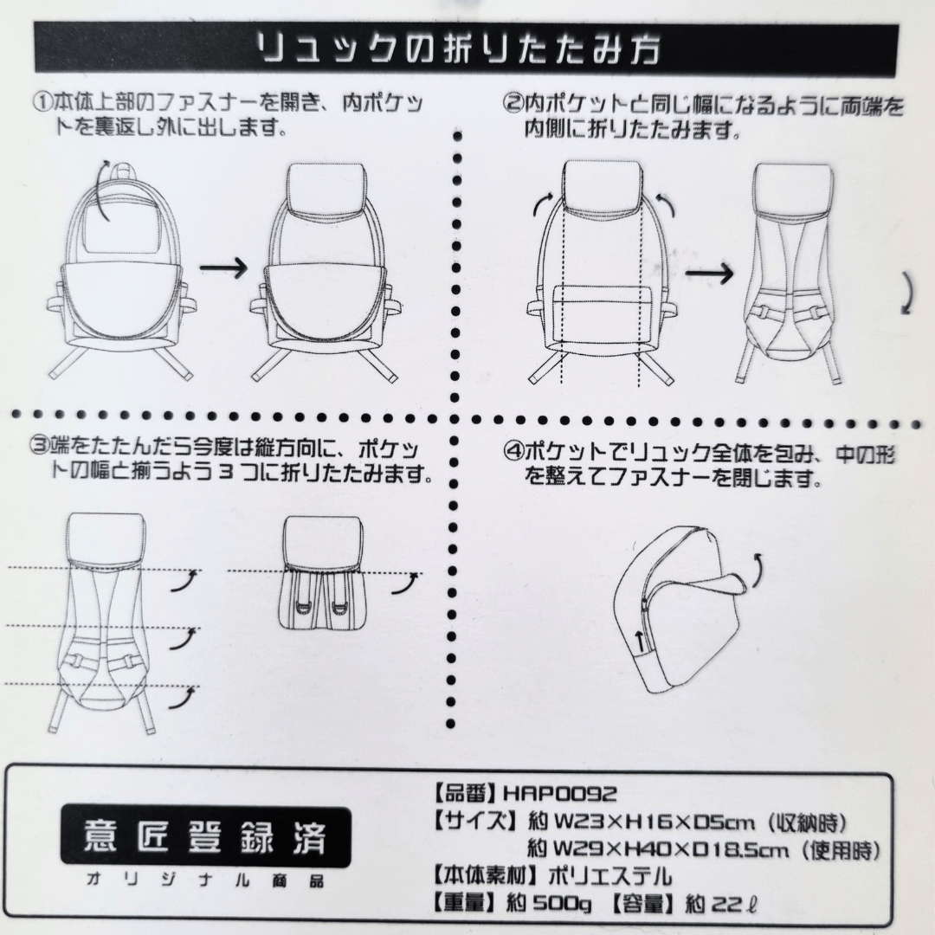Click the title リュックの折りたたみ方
pos(459,48)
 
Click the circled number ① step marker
pos(42,102)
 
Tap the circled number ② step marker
pos(513,105)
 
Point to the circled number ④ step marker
pos(513,453)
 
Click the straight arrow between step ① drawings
pos(223,268)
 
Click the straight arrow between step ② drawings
pos(709,274)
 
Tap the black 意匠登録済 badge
pos(206,836)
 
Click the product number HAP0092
pos(560,794)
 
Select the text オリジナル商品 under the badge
pos(206,880)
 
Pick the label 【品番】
pos(465,794)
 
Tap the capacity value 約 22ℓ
pos(720,905)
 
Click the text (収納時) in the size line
pos(806,823)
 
